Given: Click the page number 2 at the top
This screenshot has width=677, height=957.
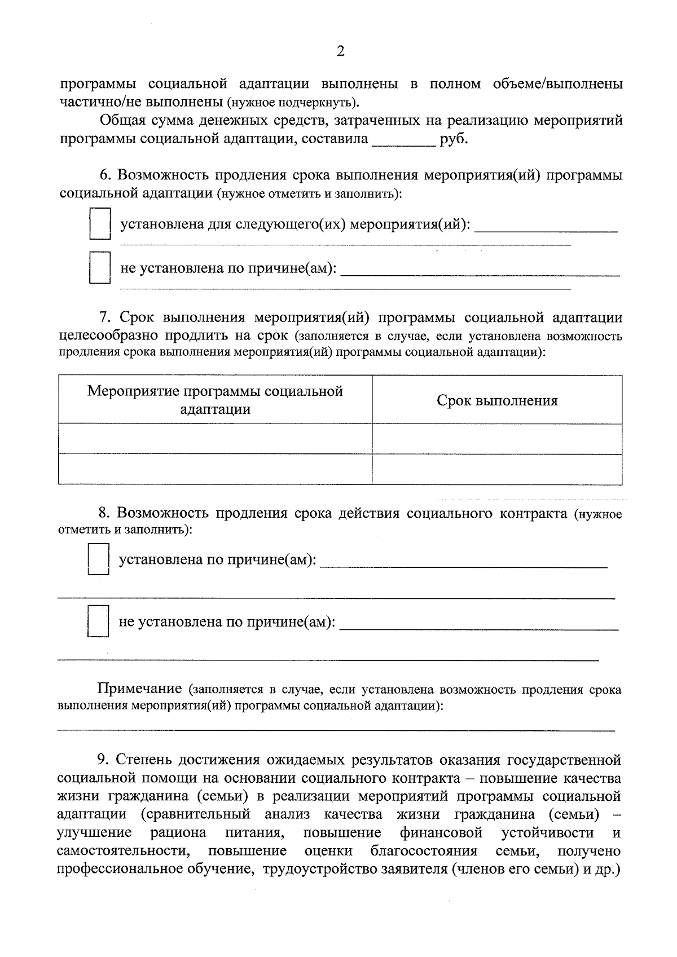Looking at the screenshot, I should coord(340,52).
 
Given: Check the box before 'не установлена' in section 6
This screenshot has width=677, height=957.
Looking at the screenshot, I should coord(99,268).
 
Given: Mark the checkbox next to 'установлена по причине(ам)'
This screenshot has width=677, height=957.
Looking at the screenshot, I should coord(98,559).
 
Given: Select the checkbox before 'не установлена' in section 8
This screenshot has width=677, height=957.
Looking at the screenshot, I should coord(98,621).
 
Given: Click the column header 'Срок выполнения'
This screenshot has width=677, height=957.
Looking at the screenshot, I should coord(496,400).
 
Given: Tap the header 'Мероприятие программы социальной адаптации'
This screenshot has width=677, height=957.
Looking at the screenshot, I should coord(215,400).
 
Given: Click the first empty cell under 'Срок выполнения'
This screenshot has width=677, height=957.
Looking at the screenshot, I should coord(496,439).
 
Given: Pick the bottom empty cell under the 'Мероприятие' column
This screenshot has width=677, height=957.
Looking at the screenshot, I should coord(215,469).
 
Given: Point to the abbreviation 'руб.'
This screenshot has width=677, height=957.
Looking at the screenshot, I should coord(454,139).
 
